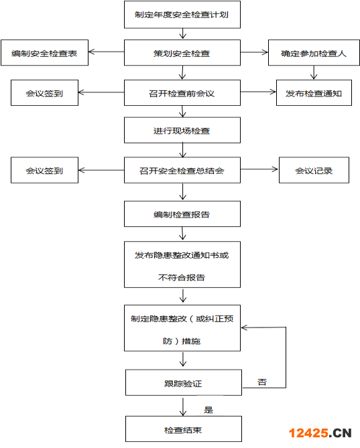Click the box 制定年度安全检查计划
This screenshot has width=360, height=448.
coord(182,15)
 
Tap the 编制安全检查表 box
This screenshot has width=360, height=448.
coord(44,54)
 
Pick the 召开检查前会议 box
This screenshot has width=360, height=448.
coord(182,93)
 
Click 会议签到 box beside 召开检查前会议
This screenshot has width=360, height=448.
coord(44,93)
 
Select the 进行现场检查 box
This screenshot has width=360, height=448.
coord(182,131)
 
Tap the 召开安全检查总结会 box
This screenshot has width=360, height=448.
coord(182,170)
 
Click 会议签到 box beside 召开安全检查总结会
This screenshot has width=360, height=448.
coord(44,170)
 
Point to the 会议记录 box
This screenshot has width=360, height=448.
coord(313,170)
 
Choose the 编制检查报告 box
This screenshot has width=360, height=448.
coord(182,214)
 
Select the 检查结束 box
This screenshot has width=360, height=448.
coord(182,429)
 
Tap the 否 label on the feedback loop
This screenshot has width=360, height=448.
coord(262,382)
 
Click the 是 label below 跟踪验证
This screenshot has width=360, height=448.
coord(208,409)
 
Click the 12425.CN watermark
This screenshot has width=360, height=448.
coord(320,433)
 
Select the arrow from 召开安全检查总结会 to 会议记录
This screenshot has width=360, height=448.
coord(259,170)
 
